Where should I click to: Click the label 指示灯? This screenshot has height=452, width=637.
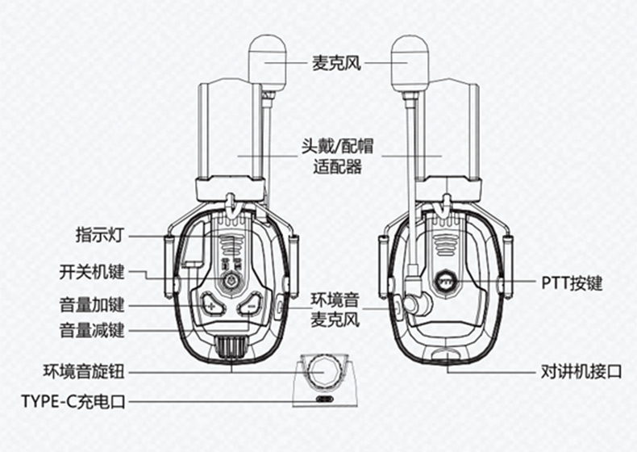pos(99,235)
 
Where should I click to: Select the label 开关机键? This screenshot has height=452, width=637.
pos(91,272)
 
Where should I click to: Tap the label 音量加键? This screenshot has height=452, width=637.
pos(91,305)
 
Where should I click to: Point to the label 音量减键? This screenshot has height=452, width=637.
pos(91,330)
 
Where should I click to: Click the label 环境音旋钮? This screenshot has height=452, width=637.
pos(83,372)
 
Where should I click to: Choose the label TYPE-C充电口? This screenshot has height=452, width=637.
pos(73,401)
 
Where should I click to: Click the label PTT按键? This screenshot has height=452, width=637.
pos(572,283)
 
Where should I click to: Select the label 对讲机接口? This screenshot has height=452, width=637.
pos(581,372)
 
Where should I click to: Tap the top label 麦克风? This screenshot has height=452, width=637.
pos(336,63)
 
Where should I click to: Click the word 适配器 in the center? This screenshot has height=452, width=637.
pos(337,167)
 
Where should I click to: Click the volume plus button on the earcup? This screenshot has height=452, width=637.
pos(211,304)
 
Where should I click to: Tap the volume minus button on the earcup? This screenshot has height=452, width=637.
pos(250,304)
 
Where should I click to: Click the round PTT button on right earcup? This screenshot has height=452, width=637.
pos(444,281)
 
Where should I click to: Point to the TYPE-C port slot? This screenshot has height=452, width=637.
pos(325,399)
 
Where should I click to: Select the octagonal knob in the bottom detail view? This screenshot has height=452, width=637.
pos(324,371)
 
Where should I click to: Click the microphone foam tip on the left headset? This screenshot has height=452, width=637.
pos(268,63)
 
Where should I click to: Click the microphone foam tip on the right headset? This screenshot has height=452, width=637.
pos(410,63)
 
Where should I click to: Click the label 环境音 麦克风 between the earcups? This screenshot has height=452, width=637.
pos(335,310)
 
